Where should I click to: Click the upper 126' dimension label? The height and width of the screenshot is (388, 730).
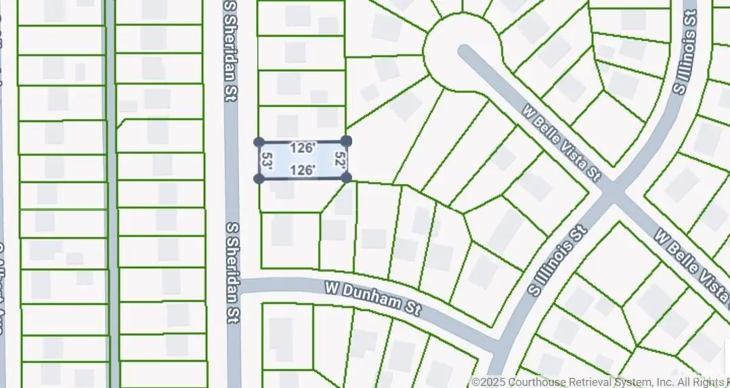302,148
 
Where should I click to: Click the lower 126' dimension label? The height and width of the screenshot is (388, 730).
302,171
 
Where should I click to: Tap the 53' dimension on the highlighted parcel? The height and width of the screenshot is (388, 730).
267,160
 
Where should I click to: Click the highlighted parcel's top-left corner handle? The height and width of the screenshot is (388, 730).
259,142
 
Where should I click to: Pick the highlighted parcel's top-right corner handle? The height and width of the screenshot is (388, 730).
346,141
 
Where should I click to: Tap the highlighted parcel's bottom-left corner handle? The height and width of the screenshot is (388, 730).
259,178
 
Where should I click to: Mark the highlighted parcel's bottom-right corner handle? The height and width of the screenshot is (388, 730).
346,177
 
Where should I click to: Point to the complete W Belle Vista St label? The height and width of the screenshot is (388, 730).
562,143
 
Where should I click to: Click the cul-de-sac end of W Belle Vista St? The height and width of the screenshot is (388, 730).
463,50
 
